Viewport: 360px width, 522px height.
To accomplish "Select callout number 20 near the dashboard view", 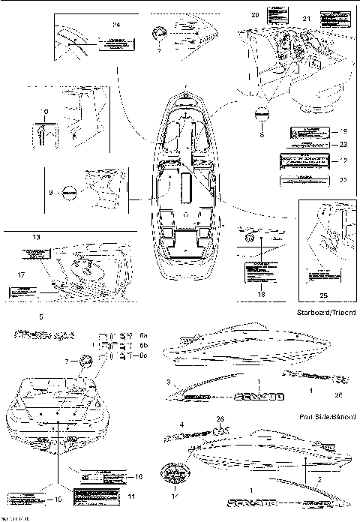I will pos(255,15).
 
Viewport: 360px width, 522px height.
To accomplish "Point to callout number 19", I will pos(343,130).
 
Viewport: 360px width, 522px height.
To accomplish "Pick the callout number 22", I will pos(343,180).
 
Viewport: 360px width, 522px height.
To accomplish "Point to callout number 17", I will pos(20,275).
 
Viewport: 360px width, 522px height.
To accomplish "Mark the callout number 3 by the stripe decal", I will pos(169,383).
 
